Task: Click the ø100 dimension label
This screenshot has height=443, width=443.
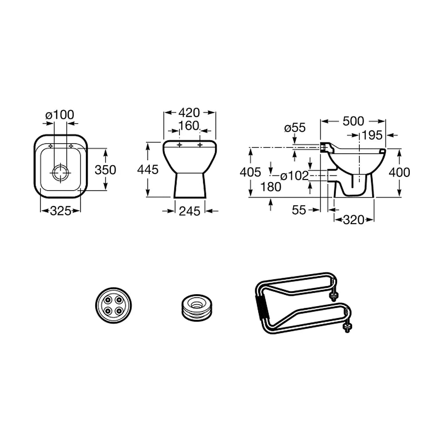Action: tap(60, 115)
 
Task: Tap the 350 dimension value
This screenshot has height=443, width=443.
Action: tap(105, 170)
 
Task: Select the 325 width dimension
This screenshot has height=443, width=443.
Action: tap(61, 211)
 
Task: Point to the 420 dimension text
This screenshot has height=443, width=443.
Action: tap(189, 113)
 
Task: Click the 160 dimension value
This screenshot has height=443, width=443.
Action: tap(189, 126)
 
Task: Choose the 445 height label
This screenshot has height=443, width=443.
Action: tap(148, 170)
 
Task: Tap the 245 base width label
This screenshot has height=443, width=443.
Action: tap(190, 211)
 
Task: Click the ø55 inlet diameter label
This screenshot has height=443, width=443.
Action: tap(295, 128)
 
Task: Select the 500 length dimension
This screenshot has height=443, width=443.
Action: tap(354, 121)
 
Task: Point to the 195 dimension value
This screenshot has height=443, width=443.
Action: tap(372, 135)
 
